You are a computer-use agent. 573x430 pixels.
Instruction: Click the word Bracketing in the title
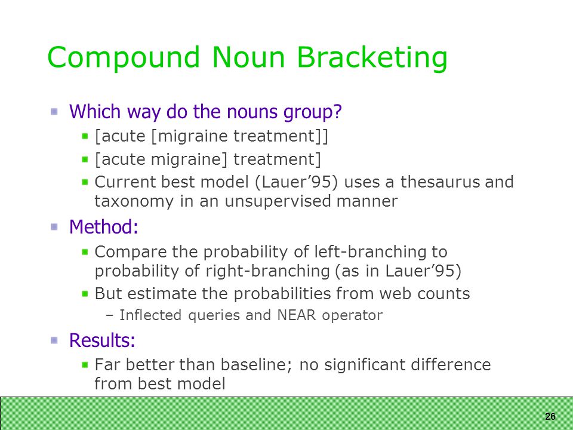372,58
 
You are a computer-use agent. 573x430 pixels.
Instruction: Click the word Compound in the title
124,58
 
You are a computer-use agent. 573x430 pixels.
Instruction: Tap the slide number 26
550,416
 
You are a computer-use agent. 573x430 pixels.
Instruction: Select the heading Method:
104,227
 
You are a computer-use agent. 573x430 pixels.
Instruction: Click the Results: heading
102,340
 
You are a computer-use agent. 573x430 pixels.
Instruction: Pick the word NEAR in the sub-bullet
297,315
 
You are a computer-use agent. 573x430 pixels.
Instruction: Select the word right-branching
268,272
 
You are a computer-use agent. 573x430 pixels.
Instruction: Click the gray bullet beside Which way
54,112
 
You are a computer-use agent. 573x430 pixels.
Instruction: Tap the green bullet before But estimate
85,294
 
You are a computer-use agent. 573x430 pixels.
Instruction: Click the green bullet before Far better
85,364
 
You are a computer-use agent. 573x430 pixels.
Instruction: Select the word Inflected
150,315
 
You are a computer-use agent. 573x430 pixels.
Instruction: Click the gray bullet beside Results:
54,340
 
